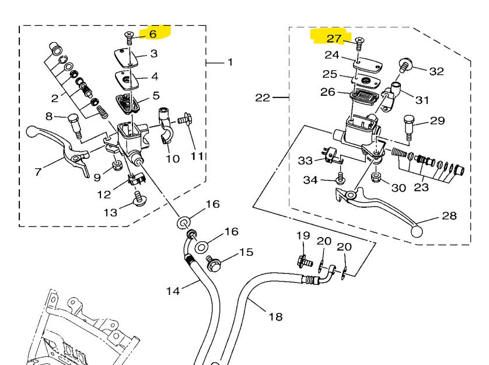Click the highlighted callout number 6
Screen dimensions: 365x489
[153, 34]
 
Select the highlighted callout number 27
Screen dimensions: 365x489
[334, 39]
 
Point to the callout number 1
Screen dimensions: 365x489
[229, 62]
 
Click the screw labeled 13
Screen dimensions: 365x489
[139, 201]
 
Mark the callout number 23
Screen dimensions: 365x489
[421, 187]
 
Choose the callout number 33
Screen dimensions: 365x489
[305, 160]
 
